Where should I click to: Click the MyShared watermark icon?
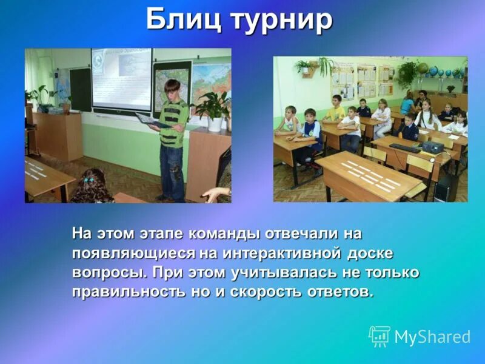tap(380, 336)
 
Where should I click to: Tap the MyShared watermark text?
tap(432, 337)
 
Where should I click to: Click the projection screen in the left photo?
tap(121, 79)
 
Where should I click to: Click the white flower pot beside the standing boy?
tap(215, 124)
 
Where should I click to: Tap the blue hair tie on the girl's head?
tap(89, 180)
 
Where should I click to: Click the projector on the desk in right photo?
tap(432, 147)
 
